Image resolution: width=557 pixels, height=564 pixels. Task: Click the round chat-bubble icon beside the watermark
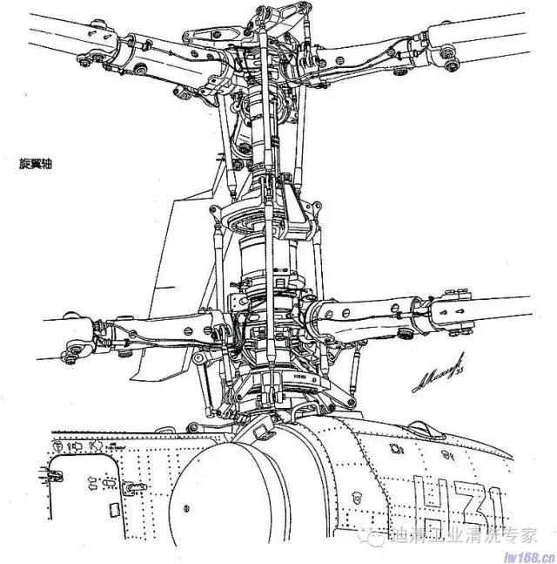[372, 535]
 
